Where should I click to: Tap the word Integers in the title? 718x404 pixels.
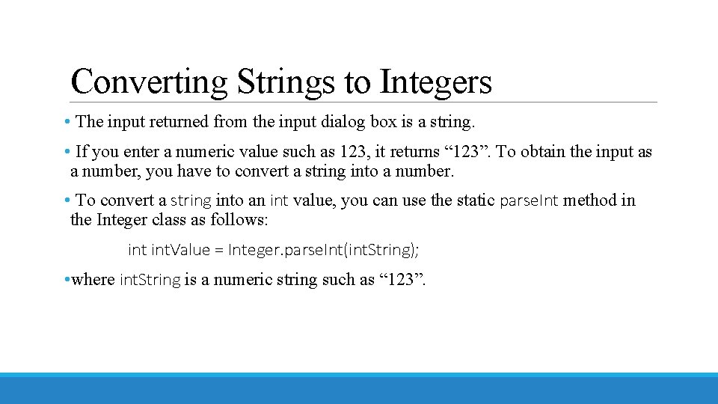[435, 82]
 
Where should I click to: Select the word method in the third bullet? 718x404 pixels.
[591, 201]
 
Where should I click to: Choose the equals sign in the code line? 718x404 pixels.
[219, 250]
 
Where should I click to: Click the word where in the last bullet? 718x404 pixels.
[93, 280]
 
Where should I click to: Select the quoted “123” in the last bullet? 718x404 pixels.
[403, 280]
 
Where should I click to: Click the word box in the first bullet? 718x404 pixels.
[383, 121]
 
